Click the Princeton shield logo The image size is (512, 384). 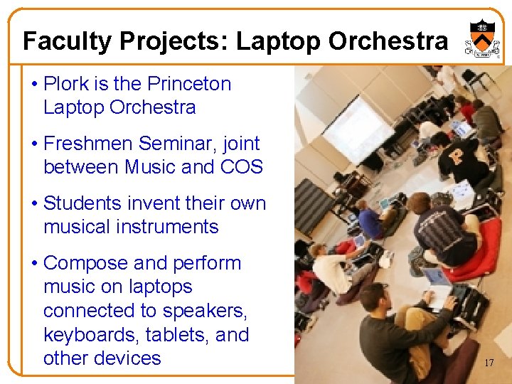point(478,39)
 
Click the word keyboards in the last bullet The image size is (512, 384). point(90,334)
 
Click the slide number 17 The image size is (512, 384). point(489,363)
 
